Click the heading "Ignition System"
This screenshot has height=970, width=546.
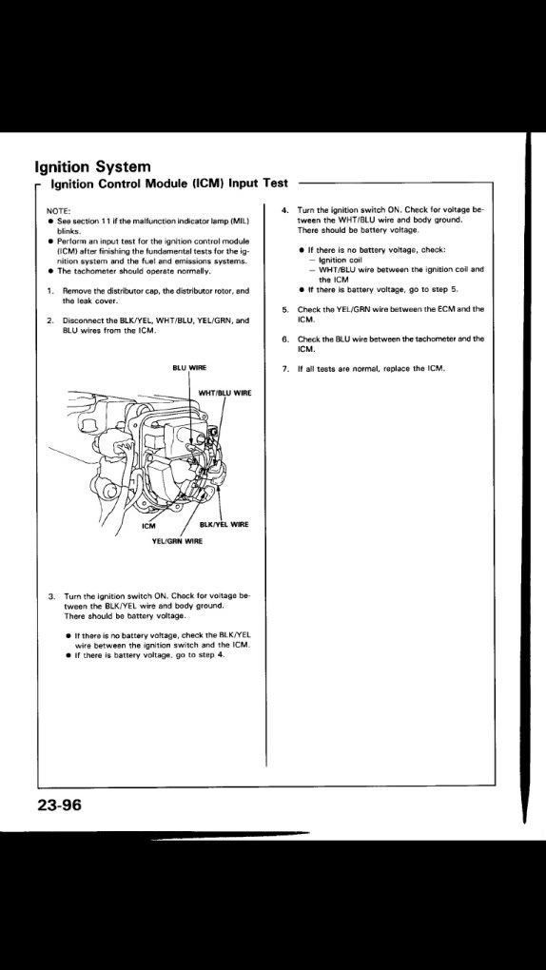(93, 167)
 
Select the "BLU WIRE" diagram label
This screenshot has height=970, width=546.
(188, 367)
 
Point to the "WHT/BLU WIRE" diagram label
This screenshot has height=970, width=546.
(224, 392)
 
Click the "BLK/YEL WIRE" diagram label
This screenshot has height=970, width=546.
(224, 525)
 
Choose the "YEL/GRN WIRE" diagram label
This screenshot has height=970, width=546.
(177, 541)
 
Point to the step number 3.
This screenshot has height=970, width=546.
(50, 597)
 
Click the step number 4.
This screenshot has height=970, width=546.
(283, 210)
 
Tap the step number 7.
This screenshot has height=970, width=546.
(283, 369)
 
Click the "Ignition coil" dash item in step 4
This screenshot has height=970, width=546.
(339, 261)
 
